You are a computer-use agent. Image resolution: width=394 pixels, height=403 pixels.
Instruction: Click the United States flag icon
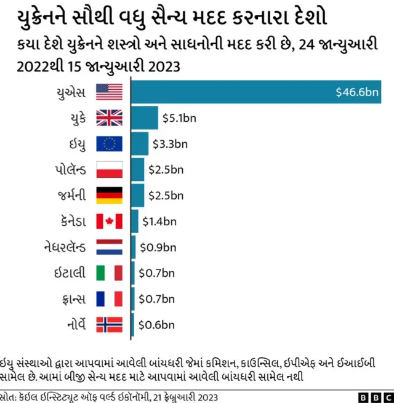pyautogui.click(x=110, y=92)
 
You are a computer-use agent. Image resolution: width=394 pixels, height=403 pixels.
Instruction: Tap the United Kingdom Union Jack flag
pyautogui.click(x=110, y=118)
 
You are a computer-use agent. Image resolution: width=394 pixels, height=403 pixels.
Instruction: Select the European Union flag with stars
pyautogui.click(x=110, y=143)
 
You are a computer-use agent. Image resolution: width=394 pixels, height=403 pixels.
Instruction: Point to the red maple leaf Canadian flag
pyautogui.click(x=110, y=221)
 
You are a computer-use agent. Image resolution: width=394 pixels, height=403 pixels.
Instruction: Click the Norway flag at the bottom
pyautogui.click(x=110, y=324)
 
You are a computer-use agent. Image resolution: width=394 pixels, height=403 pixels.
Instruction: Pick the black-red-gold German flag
pyautogui.click(x=110, y=195)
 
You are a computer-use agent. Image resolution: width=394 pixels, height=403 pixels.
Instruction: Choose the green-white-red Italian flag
pyautogui.click(x=110, y=273)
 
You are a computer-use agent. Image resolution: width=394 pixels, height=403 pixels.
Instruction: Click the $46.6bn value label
pyautogui.click(x=358, y=92)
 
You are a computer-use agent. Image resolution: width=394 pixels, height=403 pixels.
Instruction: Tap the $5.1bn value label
pyautogui.click(x=179, y=118)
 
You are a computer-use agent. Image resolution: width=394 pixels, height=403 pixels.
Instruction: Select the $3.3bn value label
pyautogui.click(x=169, y=144)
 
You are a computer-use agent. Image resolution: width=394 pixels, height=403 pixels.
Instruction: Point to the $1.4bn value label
pyautogui.click(x=159, y=221)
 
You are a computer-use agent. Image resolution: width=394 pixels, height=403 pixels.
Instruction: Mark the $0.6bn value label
pyautogui.click(x=156, y=324)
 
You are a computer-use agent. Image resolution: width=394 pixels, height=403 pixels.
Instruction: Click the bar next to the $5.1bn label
pyautogui.click(x=144, y=118)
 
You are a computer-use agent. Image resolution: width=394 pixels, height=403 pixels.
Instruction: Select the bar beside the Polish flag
pyautogui.click(x=137, y=169)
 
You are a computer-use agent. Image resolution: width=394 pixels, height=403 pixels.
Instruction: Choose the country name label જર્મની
pyautogui.click(x=71, y=195)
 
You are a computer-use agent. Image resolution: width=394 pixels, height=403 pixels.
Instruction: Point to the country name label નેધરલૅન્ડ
pyautogui.click(x=63, y=247)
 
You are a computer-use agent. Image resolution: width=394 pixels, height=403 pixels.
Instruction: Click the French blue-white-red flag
pyautogui.click(x=110, y=298)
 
